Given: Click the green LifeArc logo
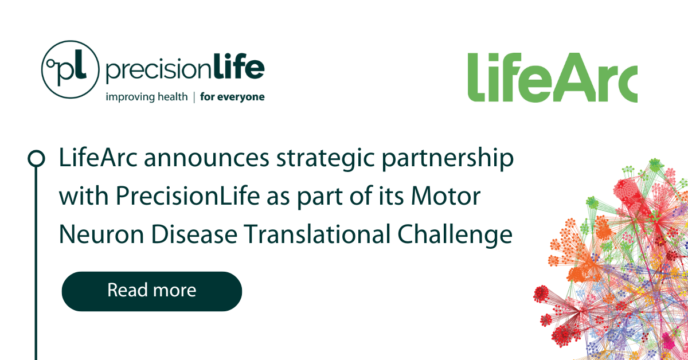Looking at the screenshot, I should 552,78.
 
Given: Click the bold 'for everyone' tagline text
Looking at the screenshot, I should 232,97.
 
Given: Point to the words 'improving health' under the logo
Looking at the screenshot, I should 146,97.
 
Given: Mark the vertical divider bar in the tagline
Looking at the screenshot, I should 194,97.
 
